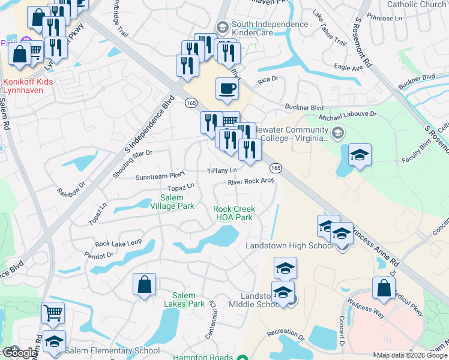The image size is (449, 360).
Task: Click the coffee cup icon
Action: pos(226,89)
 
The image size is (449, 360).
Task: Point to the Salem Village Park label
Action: pos(177,202)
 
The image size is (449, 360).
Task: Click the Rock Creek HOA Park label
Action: pos(235,213)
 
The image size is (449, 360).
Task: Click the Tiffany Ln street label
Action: pos(222,171)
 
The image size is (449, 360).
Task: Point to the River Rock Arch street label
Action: pos(250,182)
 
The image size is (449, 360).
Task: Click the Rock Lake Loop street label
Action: pos(118,243)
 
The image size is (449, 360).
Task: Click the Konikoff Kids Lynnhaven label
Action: pos(28,86)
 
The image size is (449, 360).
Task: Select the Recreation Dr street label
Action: pos(282,332)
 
